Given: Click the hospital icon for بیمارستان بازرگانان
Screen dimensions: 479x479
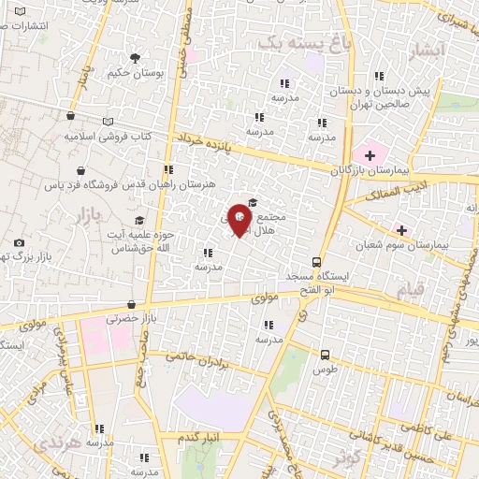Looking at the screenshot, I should click(369, 153).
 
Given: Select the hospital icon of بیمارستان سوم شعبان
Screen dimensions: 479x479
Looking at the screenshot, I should click(402, 230).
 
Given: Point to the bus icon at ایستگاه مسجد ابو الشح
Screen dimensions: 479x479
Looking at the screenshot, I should click(317, 263).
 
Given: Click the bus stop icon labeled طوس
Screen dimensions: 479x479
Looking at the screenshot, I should click(325, 355).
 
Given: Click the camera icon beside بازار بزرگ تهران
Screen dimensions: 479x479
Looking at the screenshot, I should click(20, 243).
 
